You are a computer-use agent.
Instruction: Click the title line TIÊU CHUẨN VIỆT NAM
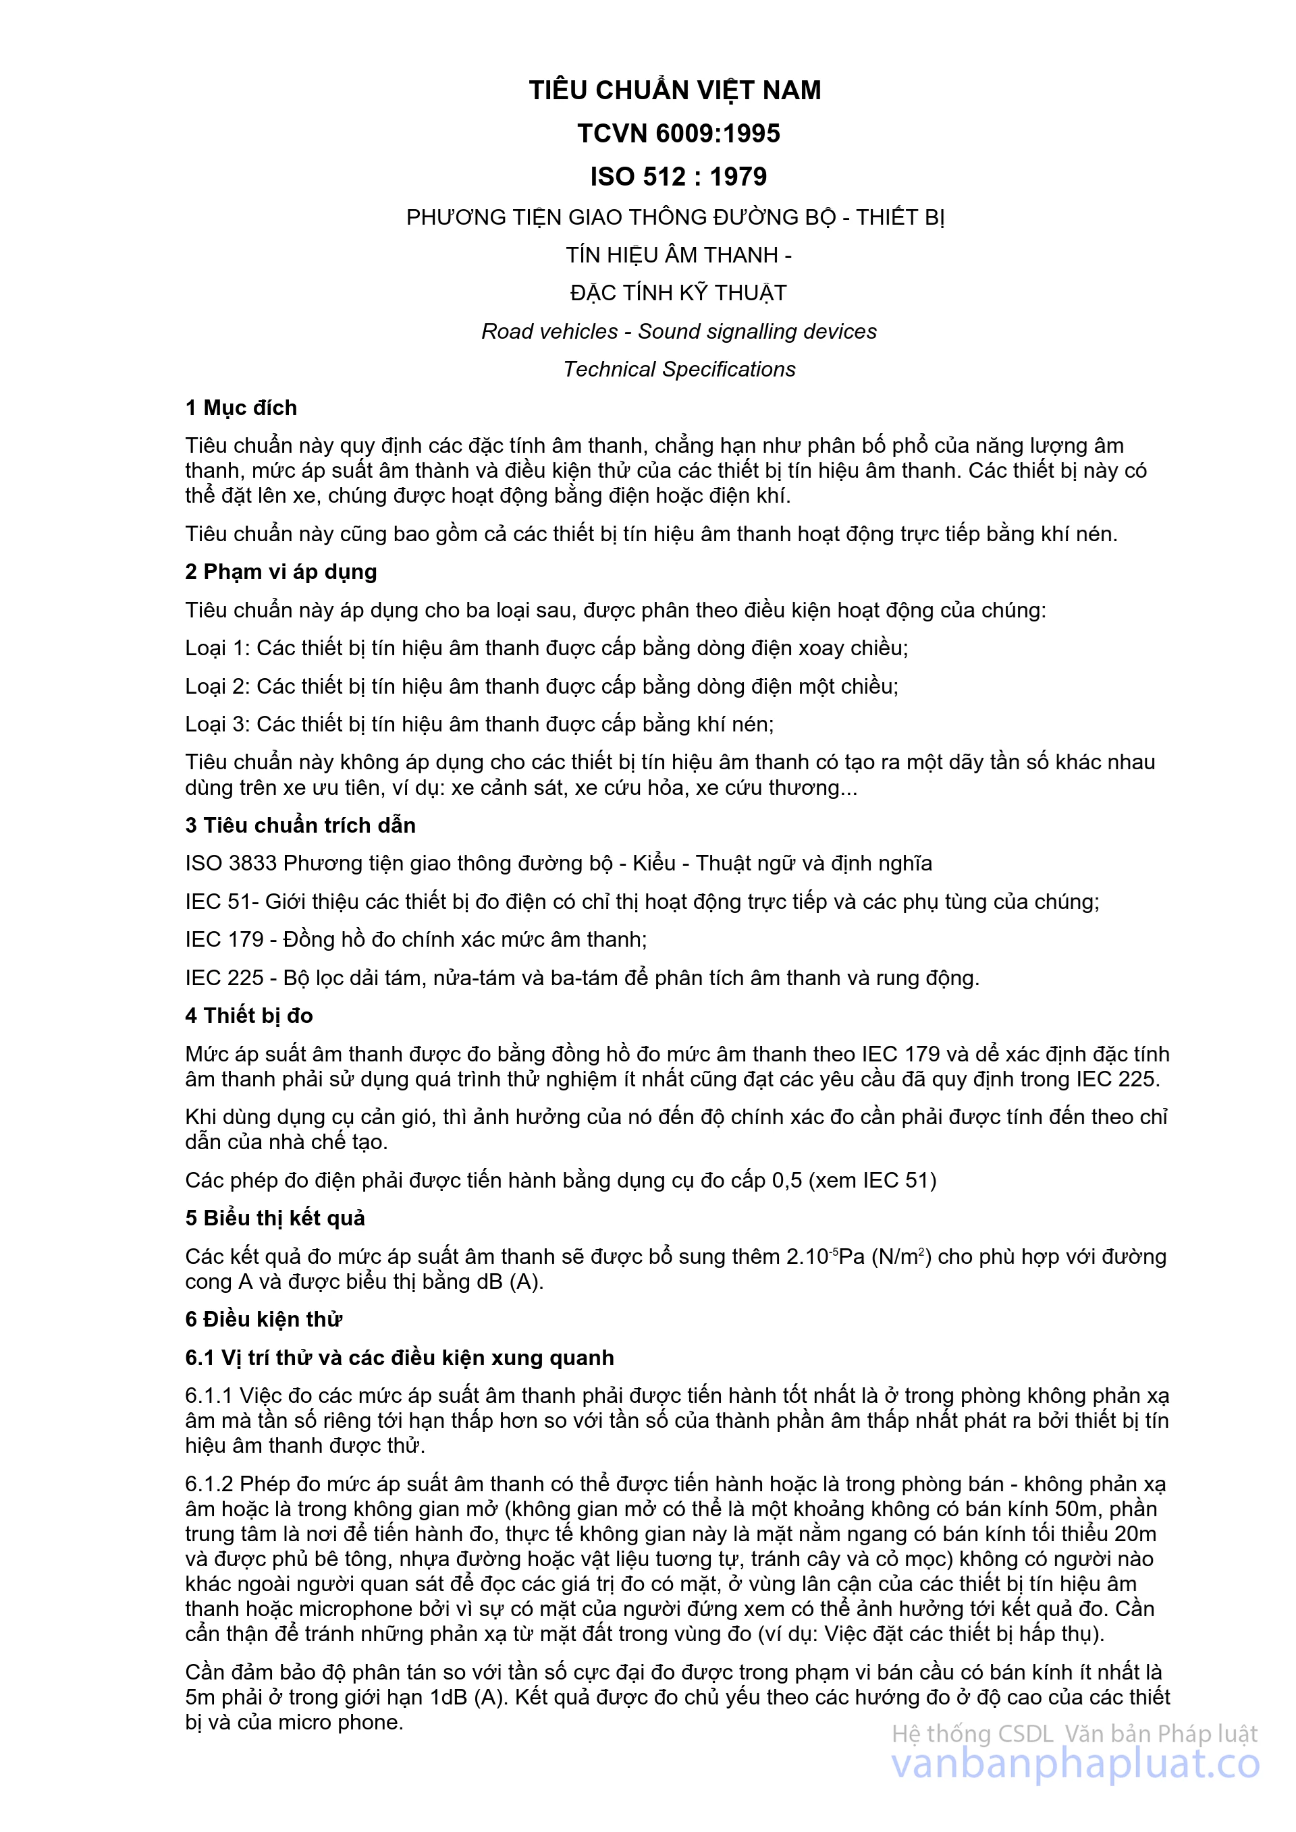[x=675, y=90]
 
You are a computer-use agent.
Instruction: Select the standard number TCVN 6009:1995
[x=678, y=133]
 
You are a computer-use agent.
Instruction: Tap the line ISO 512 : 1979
[x=678, y=176]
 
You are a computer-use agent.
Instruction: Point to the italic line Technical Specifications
[x=679, y=369]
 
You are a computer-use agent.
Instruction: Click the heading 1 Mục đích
[x=241, y=408]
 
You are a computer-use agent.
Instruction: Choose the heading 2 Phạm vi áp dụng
[x=281, y=572]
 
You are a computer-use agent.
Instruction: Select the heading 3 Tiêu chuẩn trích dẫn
[x=300, y=825]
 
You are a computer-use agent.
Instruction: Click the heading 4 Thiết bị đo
[x=249, y=1016]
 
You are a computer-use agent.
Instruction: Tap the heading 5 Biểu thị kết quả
[x=275, y=1219]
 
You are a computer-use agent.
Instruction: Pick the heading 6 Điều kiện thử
[x=263, y=1319]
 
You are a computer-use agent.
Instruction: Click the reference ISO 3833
[x=231, y=863]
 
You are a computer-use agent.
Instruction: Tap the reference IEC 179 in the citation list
[x=224, y=939]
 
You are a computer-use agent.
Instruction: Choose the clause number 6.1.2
[x=209, y=1483]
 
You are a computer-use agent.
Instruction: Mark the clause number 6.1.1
[x=209, y=1395]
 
